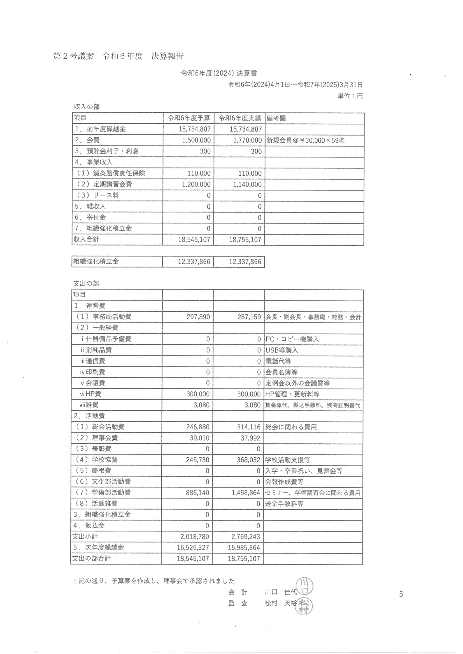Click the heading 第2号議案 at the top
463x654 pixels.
click(73, 56)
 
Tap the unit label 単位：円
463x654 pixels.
click(350, 96)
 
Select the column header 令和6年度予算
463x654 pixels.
click(189, 118)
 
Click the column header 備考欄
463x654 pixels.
click(276, 118)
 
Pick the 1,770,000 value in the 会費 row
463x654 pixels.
click(246, 140)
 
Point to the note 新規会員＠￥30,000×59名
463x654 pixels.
click(305, 140)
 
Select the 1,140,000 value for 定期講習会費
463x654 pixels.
click(247, 184)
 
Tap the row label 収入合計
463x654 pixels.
click(86, 239)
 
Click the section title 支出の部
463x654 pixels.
click(86, 283)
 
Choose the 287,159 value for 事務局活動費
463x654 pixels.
click(249, 317)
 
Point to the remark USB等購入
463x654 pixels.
click(281, 350)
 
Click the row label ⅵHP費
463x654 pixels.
click(90, 394)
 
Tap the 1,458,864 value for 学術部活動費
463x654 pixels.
click(246, 493)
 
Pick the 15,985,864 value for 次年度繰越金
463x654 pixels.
click(244, 547)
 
